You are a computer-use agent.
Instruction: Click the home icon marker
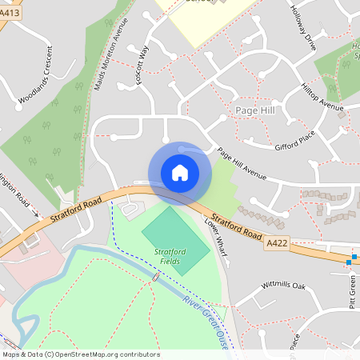pos(179,173)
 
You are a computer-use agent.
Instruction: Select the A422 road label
pos(278,242)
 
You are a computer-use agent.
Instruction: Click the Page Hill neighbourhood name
pos(255,109)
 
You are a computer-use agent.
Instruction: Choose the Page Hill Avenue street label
pos(242,164)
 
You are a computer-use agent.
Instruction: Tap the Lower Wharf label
pos(217,237)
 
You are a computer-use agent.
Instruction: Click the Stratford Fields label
pos(170,256)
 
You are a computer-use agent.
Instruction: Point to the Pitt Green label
pos(352,292)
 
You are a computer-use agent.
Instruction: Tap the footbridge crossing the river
pos(154,276)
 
